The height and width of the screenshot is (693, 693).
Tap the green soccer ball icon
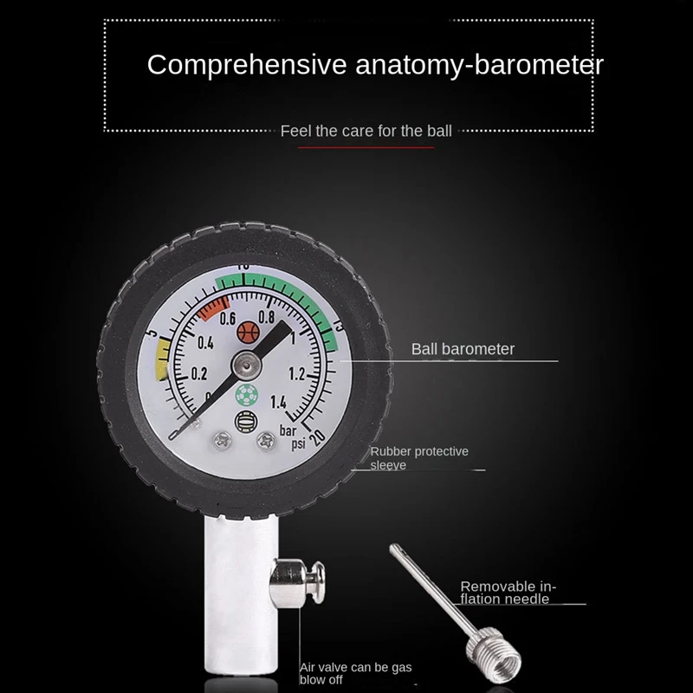pyautogui.click(x=245, y=394)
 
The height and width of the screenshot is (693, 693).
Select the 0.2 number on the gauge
pyautogui.click(x=198, y=374)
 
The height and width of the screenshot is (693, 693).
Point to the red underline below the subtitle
pyautogui.click(x=366, y=147)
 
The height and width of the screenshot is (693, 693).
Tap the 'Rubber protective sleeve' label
pyautogui.click(x=419, y=458)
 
